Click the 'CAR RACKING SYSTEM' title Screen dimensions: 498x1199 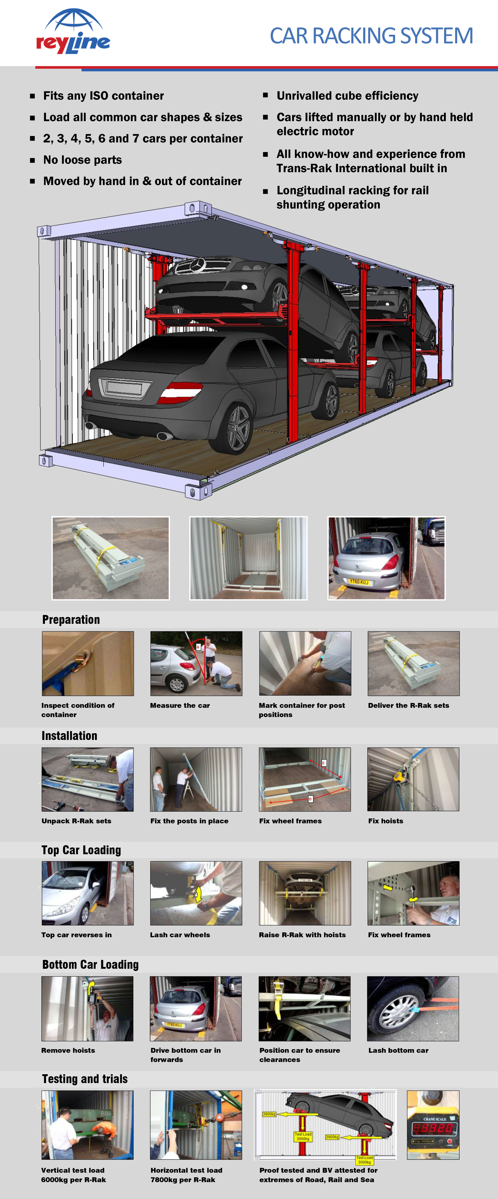pyautogui.click(x=371, y=36)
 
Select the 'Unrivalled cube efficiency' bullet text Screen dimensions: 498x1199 pyautogui.click(x=347, y=96)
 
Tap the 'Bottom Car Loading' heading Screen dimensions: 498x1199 pyautogui.click(x=90, y=964)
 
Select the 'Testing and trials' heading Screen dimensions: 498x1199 pyautogui.click(x=85, y=1079)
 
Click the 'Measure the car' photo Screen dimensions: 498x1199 pyautogui.click(x=196, y=663)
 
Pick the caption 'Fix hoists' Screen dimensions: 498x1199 pyautogui.click(x=385, y=821)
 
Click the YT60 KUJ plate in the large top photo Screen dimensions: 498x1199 pyautogui.click(x=358, y=582)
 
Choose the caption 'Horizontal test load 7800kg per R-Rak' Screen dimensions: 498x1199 pyautogui.click(x=186, y=1175)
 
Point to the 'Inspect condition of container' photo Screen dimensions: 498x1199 pyautogui.click(x=88, y=663)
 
